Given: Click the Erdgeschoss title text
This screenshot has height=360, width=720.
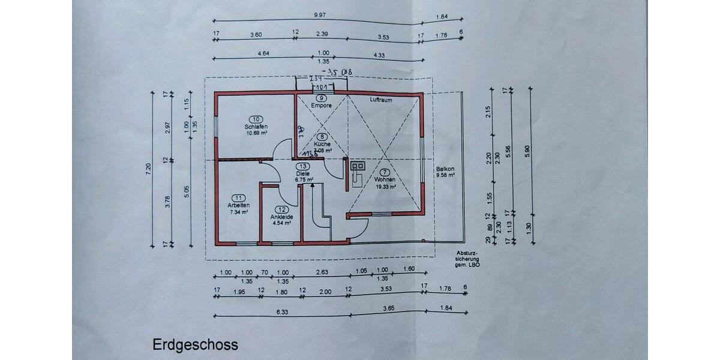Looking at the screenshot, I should click(195, 345).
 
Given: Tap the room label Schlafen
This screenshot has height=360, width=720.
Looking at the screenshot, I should click(256, 127).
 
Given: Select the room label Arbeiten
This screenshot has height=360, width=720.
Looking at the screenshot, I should click(238, 205).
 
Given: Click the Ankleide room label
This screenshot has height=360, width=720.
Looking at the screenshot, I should click(281, 217).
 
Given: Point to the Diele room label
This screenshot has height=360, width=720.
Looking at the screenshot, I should click(303, 173).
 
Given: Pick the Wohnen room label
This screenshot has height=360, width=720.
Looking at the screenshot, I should click(385, 179).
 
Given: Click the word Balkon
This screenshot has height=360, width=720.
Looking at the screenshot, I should click(445, 169).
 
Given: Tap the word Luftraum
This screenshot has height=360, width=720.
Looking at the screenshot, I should click(380, 100).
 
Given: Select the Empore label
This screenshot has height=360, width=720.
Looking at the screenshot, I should click(322, 106).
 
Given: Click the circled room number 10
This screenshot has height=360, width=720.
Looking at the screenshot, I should click(256, 119).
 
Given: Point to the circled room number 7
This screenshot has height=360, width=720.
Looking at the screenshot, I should click(385, 172).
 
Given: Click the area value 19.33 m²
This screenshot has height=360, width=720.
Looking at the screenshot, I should click(385, 187).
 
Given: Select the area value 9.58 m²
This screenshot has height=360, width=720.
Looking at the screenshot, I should click(445, 176).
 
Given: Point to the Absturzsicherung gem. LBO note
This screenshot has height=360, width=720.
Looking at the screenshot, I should click(467, 258).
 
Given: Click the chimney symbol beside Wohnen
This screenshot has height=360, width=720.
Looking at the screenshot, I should click(358, 167).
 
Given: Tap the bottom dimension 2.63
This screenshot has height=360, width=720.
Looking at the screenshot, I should click(323, 272).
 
